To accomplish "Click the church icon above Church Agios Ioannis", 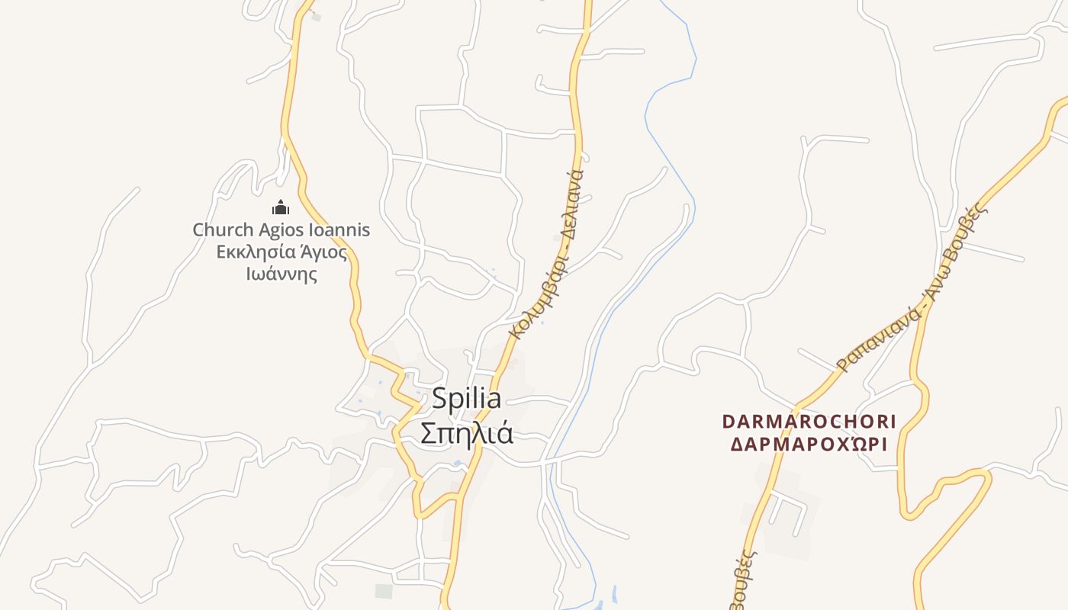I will coord(281,207).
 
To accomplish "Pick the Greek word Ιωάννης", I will coord(281,274).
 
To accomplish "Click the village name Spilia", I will coord(467,399).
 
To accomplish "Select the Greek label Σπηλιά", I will coord(467,433).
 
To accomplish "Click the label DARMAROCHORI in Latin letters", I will coord(809,422).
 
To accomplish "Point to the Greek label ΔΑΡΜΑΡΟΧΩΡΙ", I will coord(809,445).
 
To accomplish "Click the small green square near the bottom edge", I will coord(384,591).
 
